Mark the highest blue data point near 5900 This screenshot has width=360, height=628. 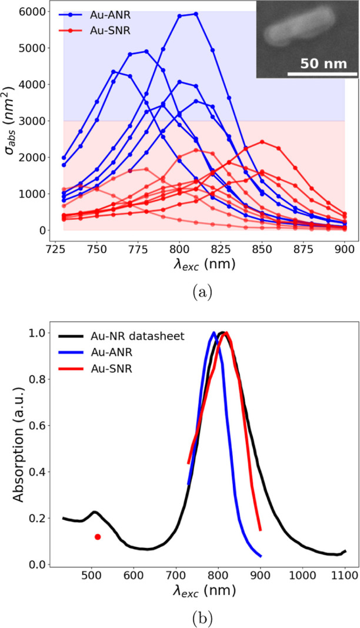click(196, 14)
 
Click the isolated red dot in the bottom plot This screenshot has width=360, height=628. click(98, 536)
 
